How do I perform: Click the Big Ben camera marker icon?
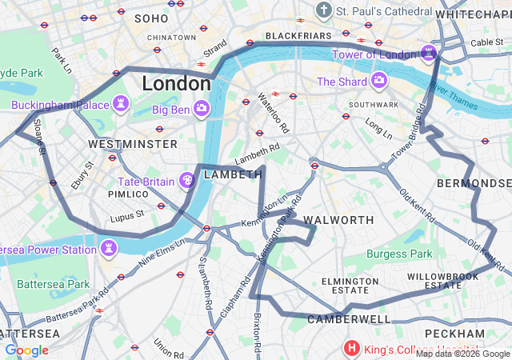point(202,107)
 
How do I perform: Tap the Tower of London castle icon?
point(429,54)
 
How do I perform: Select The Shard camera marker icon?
point(378,81)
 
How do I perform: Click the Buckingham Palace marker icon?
point(121,104)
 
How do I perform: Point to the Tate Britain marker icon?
point(186,181)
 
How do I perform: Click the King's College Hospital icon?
point(351,348)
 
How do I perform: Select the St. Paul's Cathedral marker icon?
point(324,11)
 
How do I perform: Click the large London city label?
point(176,83)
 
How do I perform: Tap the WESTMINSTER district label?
point(133,144)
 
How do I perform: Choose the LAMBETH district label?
point(233,174)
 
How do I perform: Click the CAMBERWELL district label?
point(349,318)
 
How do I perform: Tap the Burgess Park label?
point(398,254)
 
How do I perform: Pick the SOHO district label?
point(151,18)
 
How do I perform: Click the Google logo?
point(26,350)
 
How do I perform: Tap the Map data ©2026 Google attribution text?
point(462,354)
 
